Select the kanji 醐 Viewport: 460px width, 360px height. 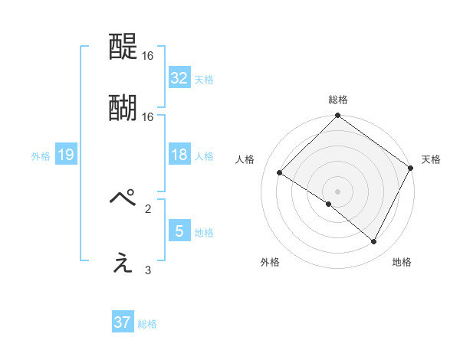[123, 109]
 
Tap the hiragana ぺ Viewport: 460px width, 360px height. [124, 198]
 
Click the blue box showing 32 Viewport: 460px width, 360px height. [179, 78]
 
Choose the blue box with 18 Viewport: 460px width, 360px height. [179, 155]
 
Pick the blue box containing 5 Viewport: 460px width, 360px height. [179, 231]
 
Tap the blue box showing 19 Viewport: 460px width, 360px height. [65, 155]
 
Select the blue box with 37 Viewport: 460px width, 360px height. [123, 322]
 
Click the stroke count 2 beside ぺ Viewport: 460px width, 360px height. [148, 207]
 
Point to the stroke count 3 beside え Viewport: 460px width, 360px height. [148, 270]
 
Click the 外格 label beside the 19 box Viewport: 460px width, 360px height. [41, 156]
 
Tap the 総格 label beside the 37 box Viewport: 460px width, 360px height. [147, 323]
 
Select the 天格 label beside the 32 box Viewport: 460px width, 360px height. [204, 79]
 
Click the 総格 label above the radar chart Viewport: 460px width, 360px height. [337, 100]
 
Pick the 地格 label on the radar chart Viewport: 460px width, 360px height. [402, 263]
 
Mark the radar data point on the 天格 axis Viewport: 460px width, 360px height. [411, 168]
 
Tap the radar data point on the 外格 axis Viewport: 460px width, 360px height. [329, 205]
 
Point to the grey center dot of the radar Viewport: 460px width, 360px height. [337, 191]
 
